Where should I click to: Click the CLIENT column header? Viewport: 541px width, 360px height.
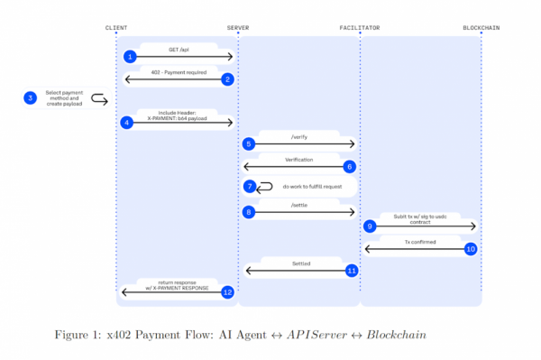click(x=116, y=28)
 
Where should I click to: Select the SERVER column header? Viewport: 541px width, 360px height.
click(x=238, y=28)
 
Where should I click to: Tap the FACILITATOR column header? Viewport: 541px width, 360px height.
click(x=360, y=28)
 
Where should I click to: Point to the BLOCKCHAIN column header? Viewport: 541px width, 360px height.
click(x=481, y=28)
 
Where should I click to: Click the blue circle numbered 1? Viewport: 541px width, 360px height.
click(x=130, y=57)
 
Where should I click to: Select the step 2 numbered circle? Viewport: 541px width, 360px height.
click(x=228, y=79)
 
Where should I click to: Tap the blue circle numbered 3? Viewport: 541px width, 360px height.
click(x=30, y=98)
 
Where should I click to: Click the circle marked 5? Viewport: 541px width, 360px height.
click(x=249, y=143)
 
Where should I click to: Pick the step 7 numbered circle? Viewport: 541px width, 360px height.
click(x=250, y=187)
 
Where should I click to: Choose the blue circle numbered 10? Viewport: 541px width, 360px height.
click(x=470, y=248)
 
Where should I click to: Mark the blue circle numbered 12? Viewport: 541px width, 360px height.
click(x=228, y=291)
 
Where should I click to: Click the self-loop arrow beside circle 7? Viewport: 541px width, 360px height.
click(x=265, y=187)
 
